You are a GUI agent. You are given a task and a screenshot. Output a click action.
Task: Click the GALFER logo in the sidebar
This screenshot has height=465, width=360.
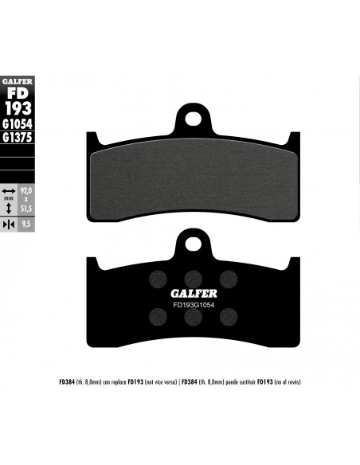coord(18,81)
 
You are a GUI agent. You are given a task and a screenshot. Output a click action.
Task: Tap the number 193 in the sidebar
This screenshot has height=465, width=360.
coord(18,108)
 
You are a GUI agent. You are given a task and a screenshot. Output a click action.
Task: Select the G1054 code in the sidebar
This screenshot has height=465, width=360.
coord(18,124)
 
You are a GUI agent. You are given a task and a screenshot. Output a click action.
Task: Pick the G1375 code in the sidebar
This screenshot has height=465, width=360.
coord(18,137)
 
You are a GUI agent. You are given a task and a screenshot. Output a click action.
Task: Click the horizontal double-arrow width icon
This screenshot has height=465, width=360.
coord(9,190)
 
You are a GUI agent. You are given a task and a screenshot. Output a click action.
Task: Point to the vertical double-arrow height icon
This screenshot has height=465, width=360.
coord(9,208)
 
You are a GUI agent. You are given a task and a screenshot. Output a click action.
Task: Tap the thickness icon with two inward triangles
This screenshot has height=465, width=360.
coord(9,225)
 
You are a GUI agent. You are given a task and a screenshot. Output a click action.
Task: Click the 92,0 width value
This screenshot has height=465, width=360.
coord(26,190)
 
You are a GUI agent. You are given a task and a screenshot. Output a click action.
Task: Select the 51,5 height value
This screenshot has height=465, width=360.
coord(26,209)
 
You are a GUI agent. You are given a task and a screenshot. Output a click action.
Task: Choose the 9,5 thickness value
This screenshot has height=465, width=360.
coord(26,225)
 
